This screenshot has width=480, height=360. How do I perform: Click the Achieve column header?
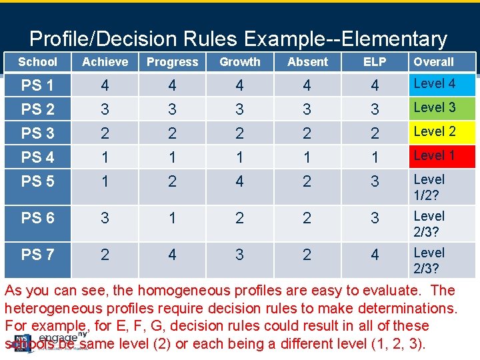click(105, 62)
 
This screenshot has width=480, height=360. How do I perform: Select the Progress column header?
click(172, 62)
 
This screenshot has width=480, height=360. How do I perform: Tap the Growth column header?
click(240, 62)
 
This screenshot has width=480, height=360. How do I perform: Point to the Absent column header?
click(307, 62)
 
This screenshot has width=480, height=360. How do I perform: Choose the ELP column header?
click(375, 62)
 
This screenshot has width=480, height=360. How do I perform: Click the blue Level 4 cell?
click(441, 84)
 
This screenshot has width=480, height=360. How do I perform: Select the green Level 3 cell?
click(441, 107)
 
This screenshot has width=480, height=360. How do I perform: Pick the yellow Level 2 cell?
click(441, 131)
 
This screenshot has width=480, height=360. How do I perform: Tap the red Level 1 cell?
click(441, 155)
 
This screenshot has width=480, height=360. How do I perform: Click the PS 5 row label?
click(38, 181)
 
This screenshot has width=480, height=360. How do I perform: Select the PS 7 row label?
click(38, 255)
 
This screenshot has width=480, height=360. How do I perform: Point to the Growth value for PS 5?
click(240, 181)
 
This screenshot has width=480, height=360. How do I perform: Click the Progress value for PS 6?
click(172, 218)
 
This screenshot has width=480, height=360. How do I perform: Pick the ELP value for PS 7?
click(375, 255)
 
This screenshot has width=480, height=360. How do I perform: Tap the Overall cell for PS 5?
click(441, 187)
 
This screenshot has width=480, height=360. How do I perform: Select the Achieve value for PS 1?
click(105, 85)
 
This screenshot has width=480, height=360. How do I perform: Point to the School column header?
click(37, 62)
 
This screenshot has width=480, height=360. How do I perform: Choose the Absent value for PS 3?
click(307, 133)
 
